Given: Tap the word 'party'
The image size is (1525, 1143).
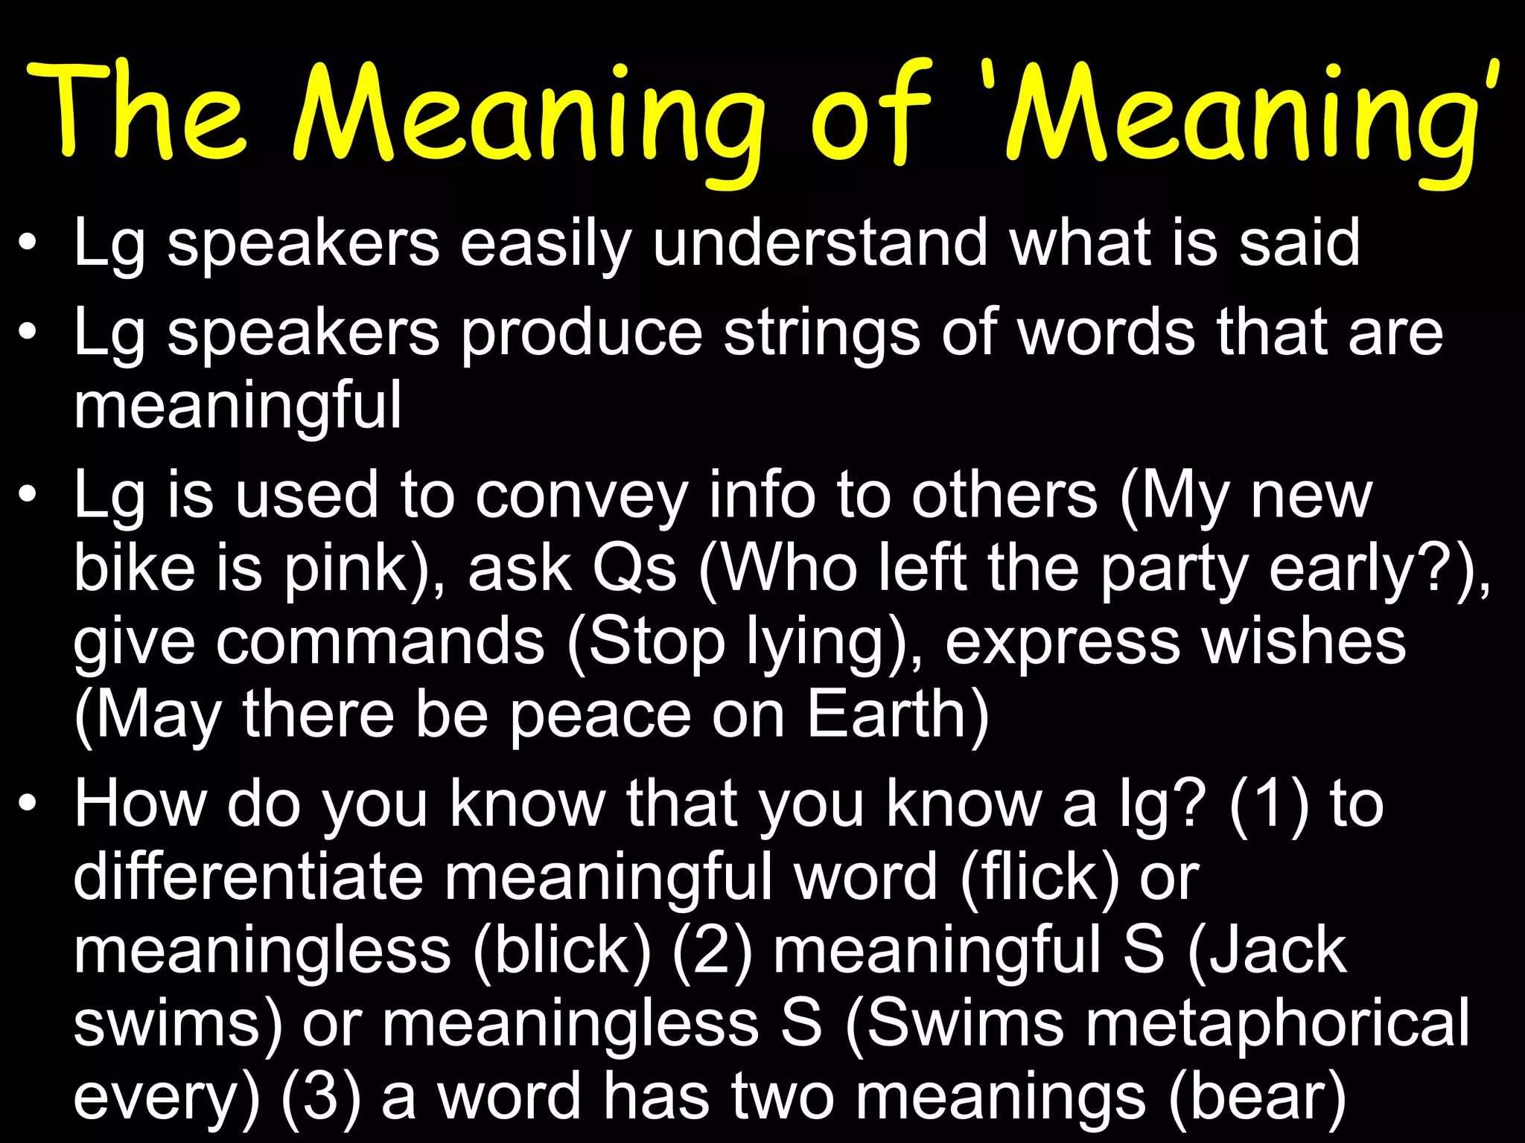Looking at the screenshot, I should coord(1174,570).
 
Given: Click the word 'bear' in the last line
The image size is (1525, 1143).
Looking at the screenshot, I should coord(1258,1097).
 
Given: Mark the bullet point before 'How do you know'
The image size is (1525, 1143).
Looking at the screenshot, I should coord(28,804).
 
